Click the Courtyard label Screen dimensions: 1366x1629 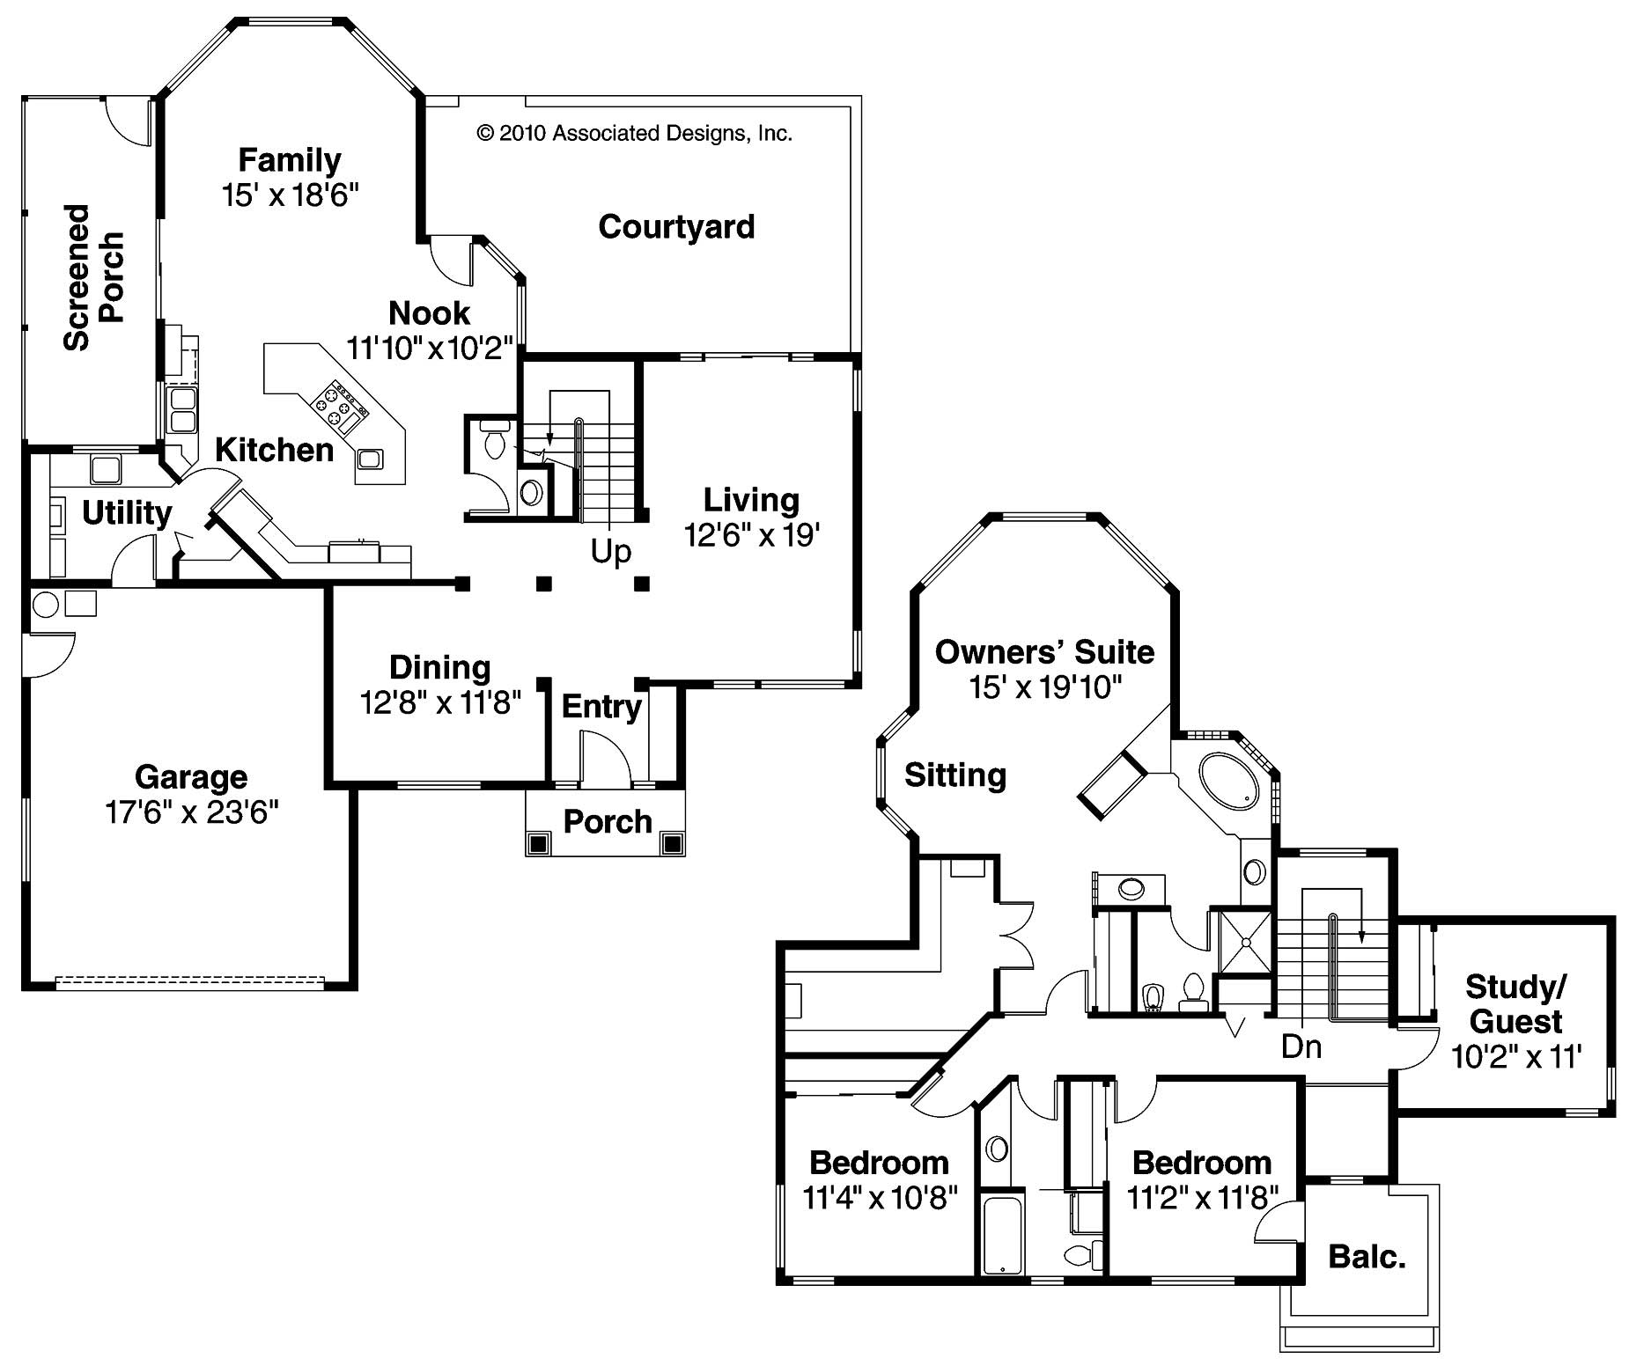click(676, 227)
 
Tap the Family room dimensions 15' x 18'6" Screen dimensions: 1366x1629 click(291, 195)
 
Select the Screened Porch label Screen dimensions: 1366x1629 click(93, 277)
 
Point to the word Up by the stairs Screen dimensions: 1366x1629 click(610, 552)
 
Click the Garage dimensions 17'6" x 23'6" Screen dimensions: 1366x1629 click(192, 812)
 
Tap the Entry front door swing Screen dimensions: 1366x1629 click(605, 757)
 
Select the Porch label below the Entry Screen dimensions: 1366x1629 click(607, 822)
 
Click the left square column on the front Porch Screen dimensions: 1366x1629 click(537, 843)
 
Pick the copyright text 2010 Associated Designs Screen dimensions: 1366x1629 click(634, 134)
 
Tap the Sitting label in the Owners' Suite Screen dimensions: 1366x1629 click(955, 775)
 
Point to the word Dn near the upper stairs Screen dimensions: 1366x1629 click(1301, 1047)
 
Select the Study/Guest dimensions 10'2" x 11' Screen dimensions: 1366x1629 click(1516, 1055)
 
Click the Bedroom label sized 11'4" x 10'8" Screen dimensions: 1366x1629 click(879, 1163)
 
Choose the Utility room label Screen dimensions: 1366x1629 click(127, 512)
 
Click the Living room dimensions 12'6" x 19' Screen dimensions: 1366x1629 click(752, 535)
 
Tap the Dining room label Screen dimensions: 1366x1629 click(439, 667)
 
